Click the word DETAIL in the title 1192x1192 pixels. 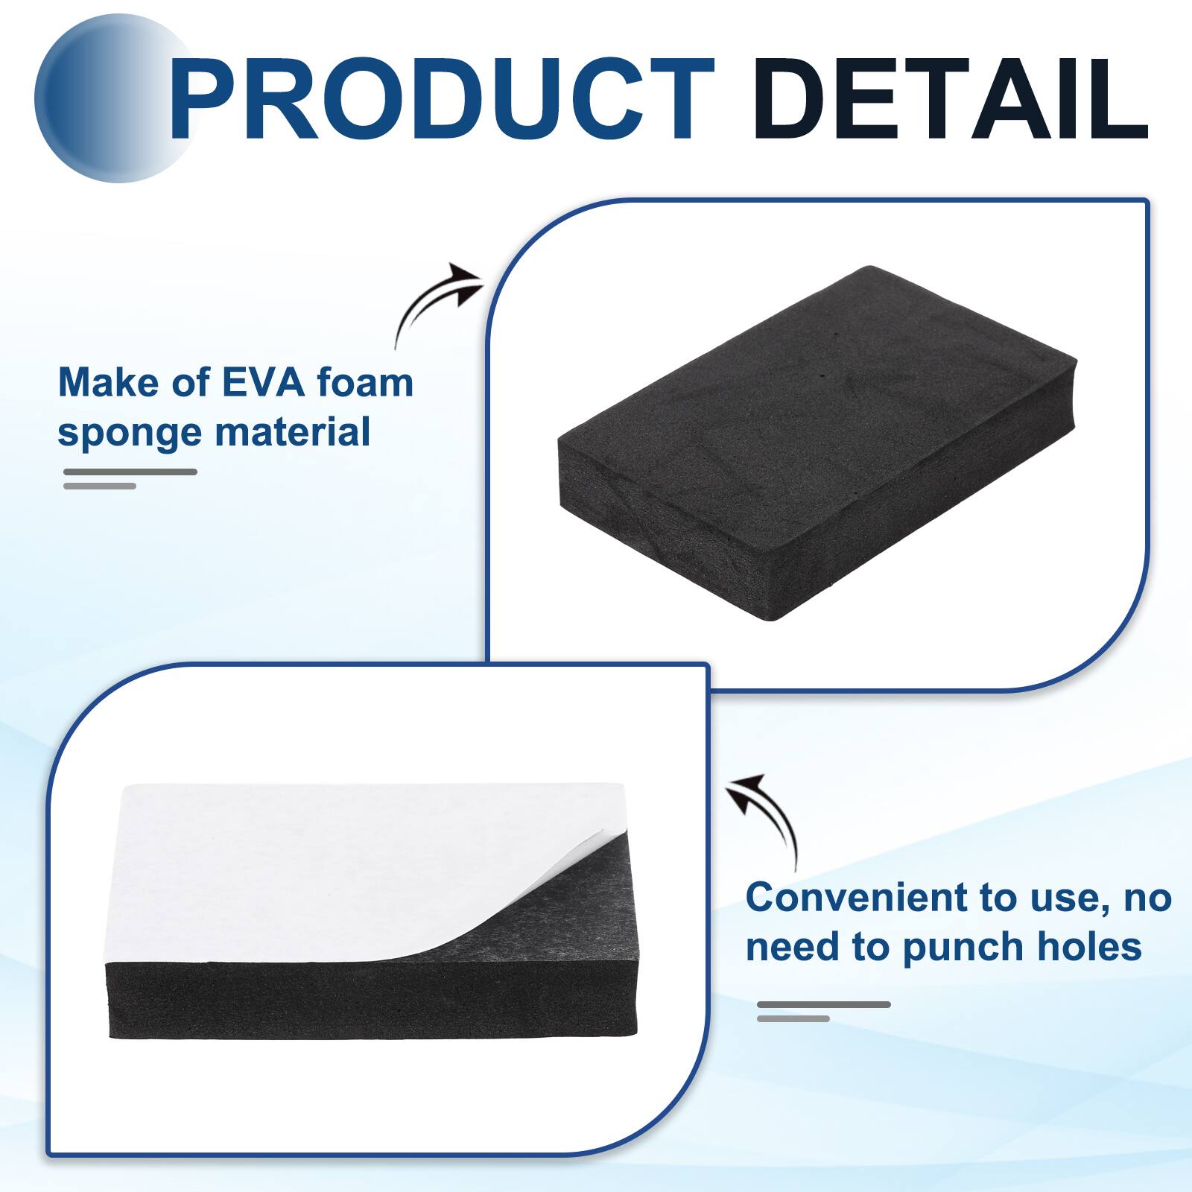tap(951, 100)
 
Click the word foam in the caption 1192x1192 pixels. tap(365, 383)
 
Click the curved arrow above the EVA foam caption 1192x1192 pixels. tap(437, 301)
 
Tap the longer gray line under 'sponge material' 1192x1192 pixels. tap(130, 472)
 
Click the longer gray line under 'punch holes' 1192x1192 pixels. tap(824, 1005)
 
